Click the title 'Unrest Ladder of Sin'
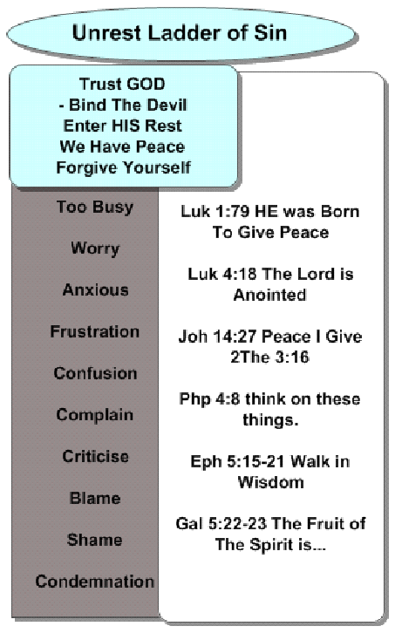point(180,33)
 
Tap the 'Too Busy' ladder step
point(95,208)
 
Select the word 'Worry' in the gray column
point(95,248)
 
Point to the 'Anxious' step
point(96,289)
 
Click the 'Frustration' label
point(95,331)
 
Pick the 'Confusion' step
point(95,373)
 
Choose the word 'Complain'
point(95,415)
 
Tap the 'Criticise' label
point(96,456)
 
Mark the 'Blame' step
point(95,498)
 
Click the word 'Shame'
point(95,540)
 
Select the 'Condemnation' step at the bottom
point(95,582)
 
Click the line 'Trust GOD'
point(122,84)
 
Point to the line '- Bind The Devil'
point(123,105)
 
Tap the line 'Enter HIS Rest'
point(123,126)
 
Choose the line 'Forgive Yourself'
point(124,167)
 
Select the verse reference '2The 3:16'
point(269,357)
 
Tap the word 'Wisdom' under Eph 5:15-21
point(271,482)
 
